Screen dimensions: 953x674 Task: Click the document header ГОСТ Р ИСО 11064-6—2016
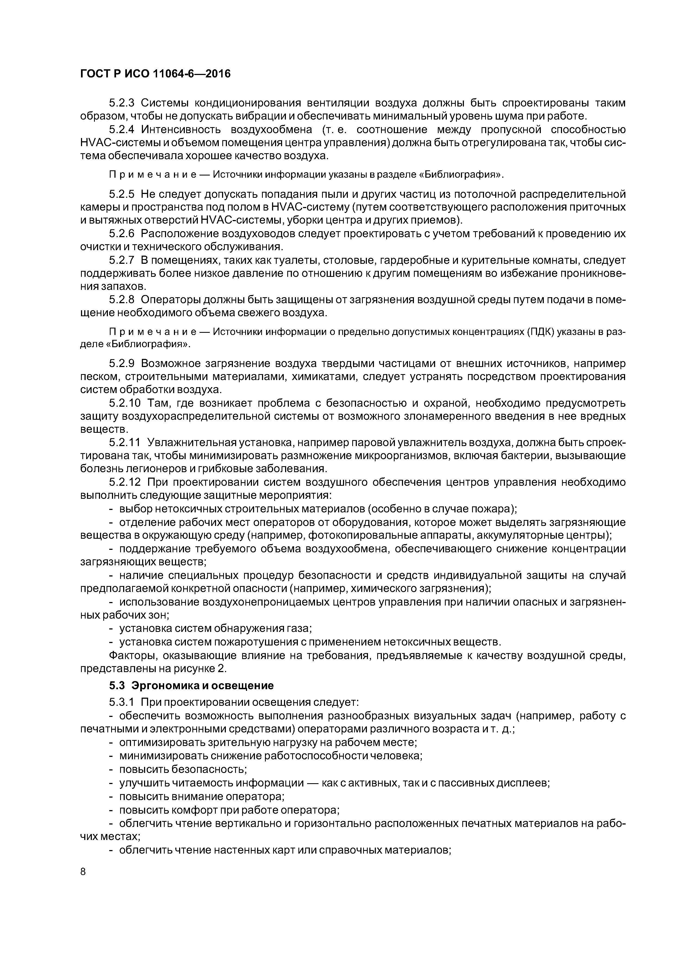(155, 74)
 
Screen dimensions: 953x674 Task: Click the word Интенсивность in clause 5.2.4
(180, 130)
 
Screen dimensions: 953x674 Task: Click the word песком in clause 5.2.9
(98, 377)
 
